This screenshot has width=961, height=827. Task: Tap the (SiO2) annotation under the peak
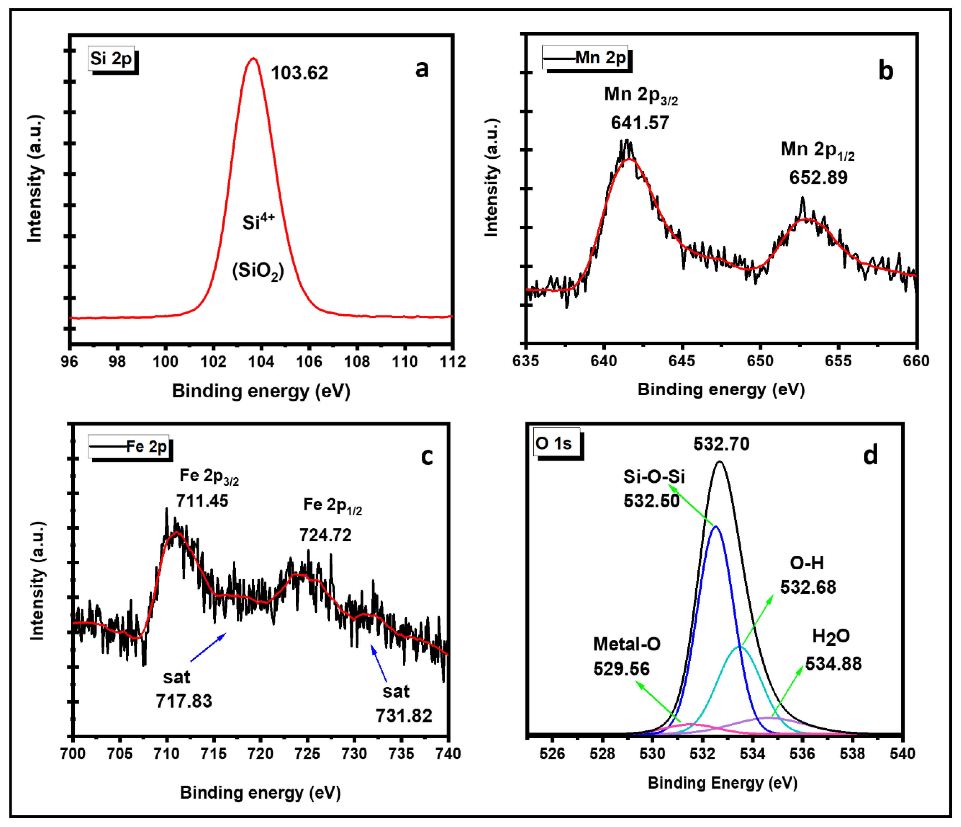(258, 271)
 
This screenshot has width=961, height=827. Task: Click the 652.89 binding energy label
(818, 177)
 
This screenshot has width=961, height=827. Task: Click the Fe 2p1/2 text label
(332, 505)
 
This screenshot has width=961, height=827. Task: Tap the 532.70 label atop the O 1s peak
(721, 444)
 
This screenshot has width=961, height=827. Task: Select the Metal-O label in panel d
(627, 644)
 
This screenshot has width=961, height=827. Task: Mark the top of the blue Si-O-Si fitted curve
(716, 527)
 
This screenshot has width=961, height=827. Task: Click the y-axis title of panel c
(37, 580)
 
